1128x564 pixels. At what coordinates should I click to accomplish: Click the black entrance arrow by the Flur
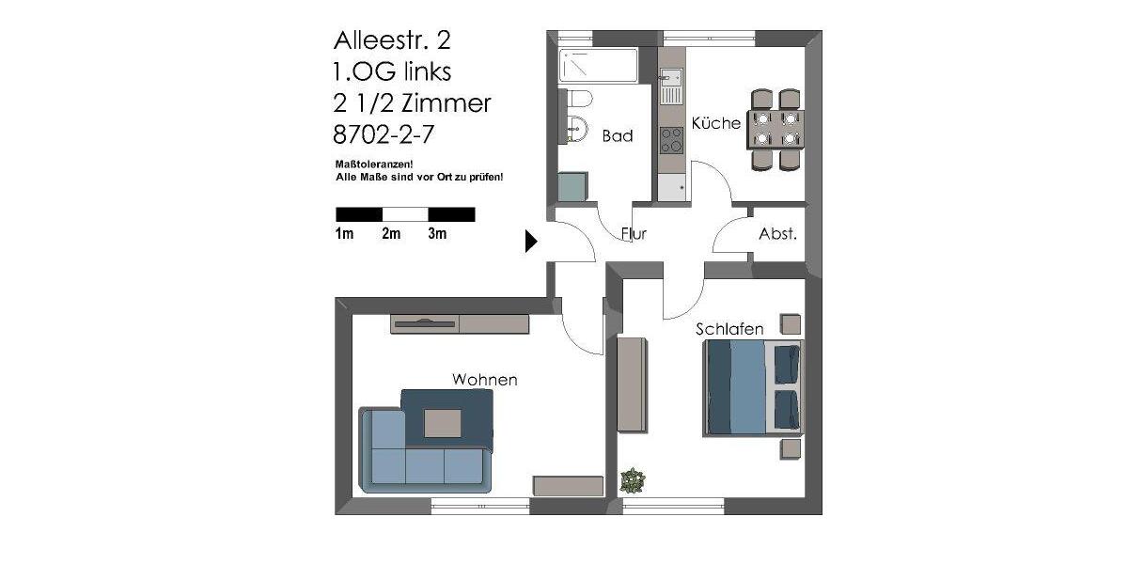pos(530,242)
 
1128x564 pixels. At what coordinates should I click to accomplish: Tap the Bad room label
pos(618,136)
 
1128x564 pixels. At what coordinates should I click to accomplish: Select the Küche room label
pos(716,123)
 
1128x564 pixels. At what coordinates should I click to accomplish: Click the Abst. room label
pos(777,234)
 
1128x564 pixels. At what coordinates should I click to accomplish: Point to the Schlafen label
pos(729,329)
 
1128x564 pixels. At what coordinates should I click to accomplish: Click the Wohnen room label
pos(485,380)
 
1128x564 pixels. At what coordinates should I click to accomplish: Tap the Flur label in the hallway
pos(634,234)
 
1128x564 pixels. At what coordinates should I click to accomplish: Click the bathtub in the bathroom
pos(598,66)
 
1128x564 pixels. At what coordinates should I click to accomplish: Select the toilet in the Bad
pos(574,99)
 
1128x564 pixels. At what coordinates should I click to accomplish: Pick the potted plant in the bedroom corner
pos(633,481)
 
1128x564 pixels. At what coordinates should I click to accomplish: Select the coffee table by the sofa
pos(443,423)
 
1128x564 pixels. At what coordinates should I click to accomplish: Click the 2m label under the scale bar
pos(391,234)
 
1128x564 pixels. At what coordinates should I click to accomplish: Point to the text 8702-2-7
pos(384,134)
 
